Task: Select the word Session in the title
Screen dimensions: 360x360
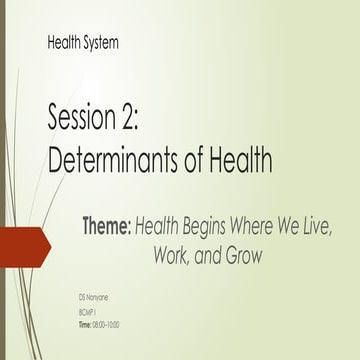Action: (84, 123)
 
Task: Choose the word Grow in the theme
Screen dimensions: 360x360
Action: (243, 255)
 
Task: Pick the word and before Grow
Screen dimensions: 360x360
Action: (209, 255)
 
